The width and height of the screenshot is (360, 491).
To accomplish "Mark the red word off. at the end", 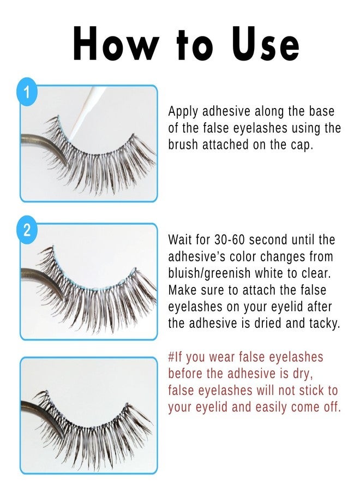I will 331,407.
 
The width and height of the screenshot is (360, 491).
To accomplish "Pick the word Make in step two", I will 182,289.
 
